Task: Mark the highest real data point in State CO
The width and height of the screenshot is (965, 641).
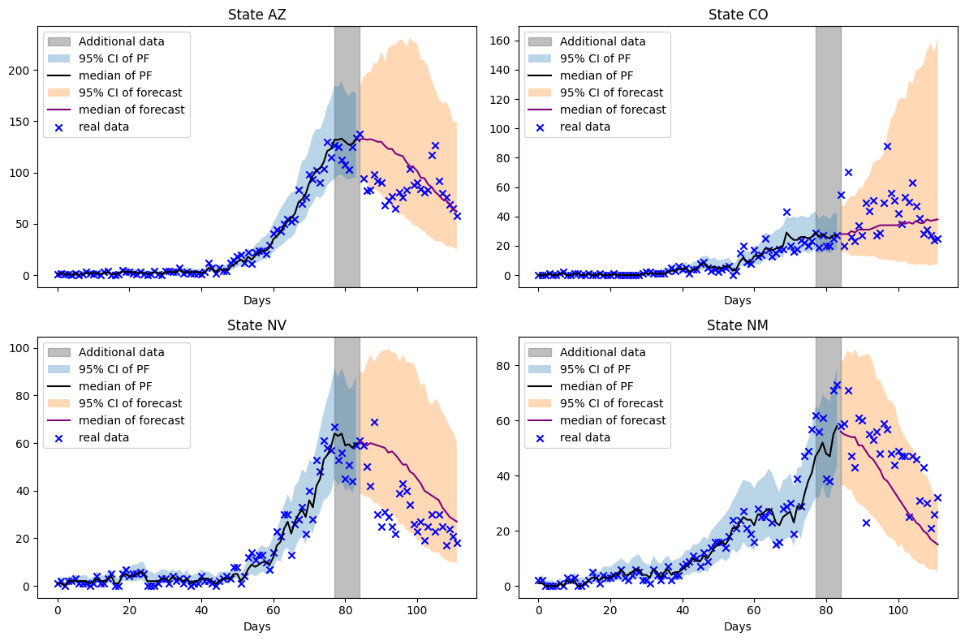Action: pos(887,147)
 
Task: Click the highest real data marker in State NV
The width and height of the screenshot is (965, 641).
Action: pos(374,422)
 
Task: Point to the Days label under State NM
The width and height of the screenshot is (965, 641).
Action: pos(738,626)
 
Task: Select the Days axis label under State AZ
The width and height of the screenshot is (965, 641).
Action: pos(256,300)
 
